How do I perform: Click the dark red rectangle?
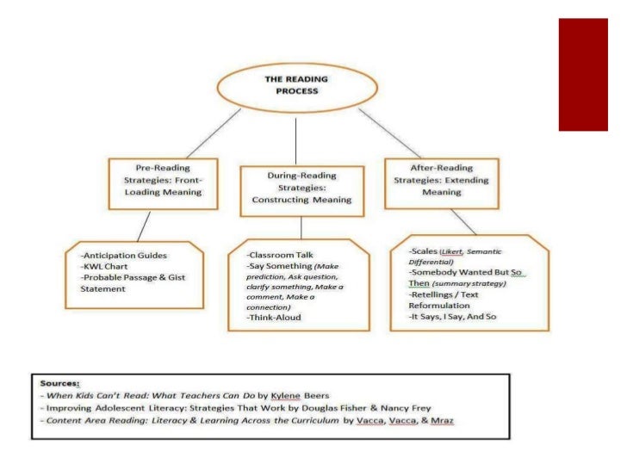pyautogui.click(x=588, y=74)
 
